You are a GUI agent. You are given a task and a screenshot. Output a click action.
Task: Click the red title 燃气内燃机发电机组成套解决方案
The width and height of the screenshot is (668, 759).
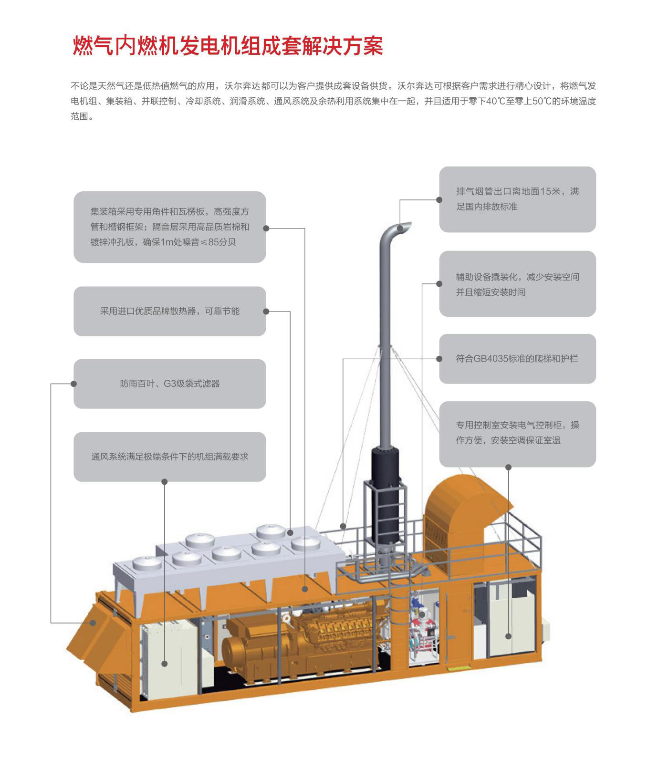[x=228, y=46]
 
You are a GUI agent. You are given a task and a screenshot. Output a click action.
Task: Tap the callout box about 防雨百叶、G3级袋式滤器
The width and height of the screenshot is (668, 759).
[x=170, y=384]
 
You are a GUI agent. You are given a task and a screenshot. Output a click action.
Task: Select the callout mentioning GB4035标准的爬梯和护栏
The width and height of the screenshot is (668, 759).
[x=517, y=358]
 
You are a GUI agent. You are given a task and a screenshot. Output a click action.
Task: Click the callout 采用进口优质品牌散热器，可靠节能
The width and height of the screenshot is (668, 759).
[x=170, y=311]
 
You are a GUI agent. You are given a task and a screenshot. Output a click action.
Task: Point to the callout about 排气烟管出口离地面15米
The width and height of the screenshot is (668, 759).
[x=517, y=199]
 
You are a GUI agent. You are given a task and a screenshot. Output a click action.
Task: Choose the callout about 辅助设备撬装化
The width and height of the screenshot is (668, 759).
[x=517, y=284]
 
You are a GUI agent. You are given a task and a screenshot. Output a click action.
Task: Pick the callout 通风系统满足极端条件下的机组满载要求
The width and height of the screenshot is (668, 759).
[x=170, y=457]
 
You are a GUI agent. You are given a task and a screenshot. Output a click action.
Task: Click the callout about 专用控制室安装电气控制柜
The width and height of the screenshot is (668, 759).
[x=517, y=434]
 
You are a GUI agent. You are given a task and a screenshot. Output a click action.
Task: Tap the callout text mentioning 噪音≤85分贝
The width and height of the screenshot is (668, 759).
[x=170, y=227]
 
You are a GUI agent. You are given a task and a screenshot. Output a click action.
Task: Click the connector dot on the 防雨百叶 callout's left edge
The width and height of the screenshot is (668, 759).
[x=74, y=384]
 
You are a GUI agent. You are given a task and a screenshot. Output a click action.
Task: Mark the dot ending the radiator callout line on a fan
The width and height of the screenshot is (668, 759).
[x=290, y=532]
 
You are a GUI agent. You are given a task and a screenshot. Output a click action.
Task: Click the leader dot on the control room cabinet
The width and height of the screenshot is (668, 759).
[x=509, y=636]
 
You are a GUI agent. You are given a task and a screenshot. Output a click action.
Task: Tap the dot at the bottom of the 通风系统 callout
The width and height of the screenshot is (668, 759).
[x=165, y=481]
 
